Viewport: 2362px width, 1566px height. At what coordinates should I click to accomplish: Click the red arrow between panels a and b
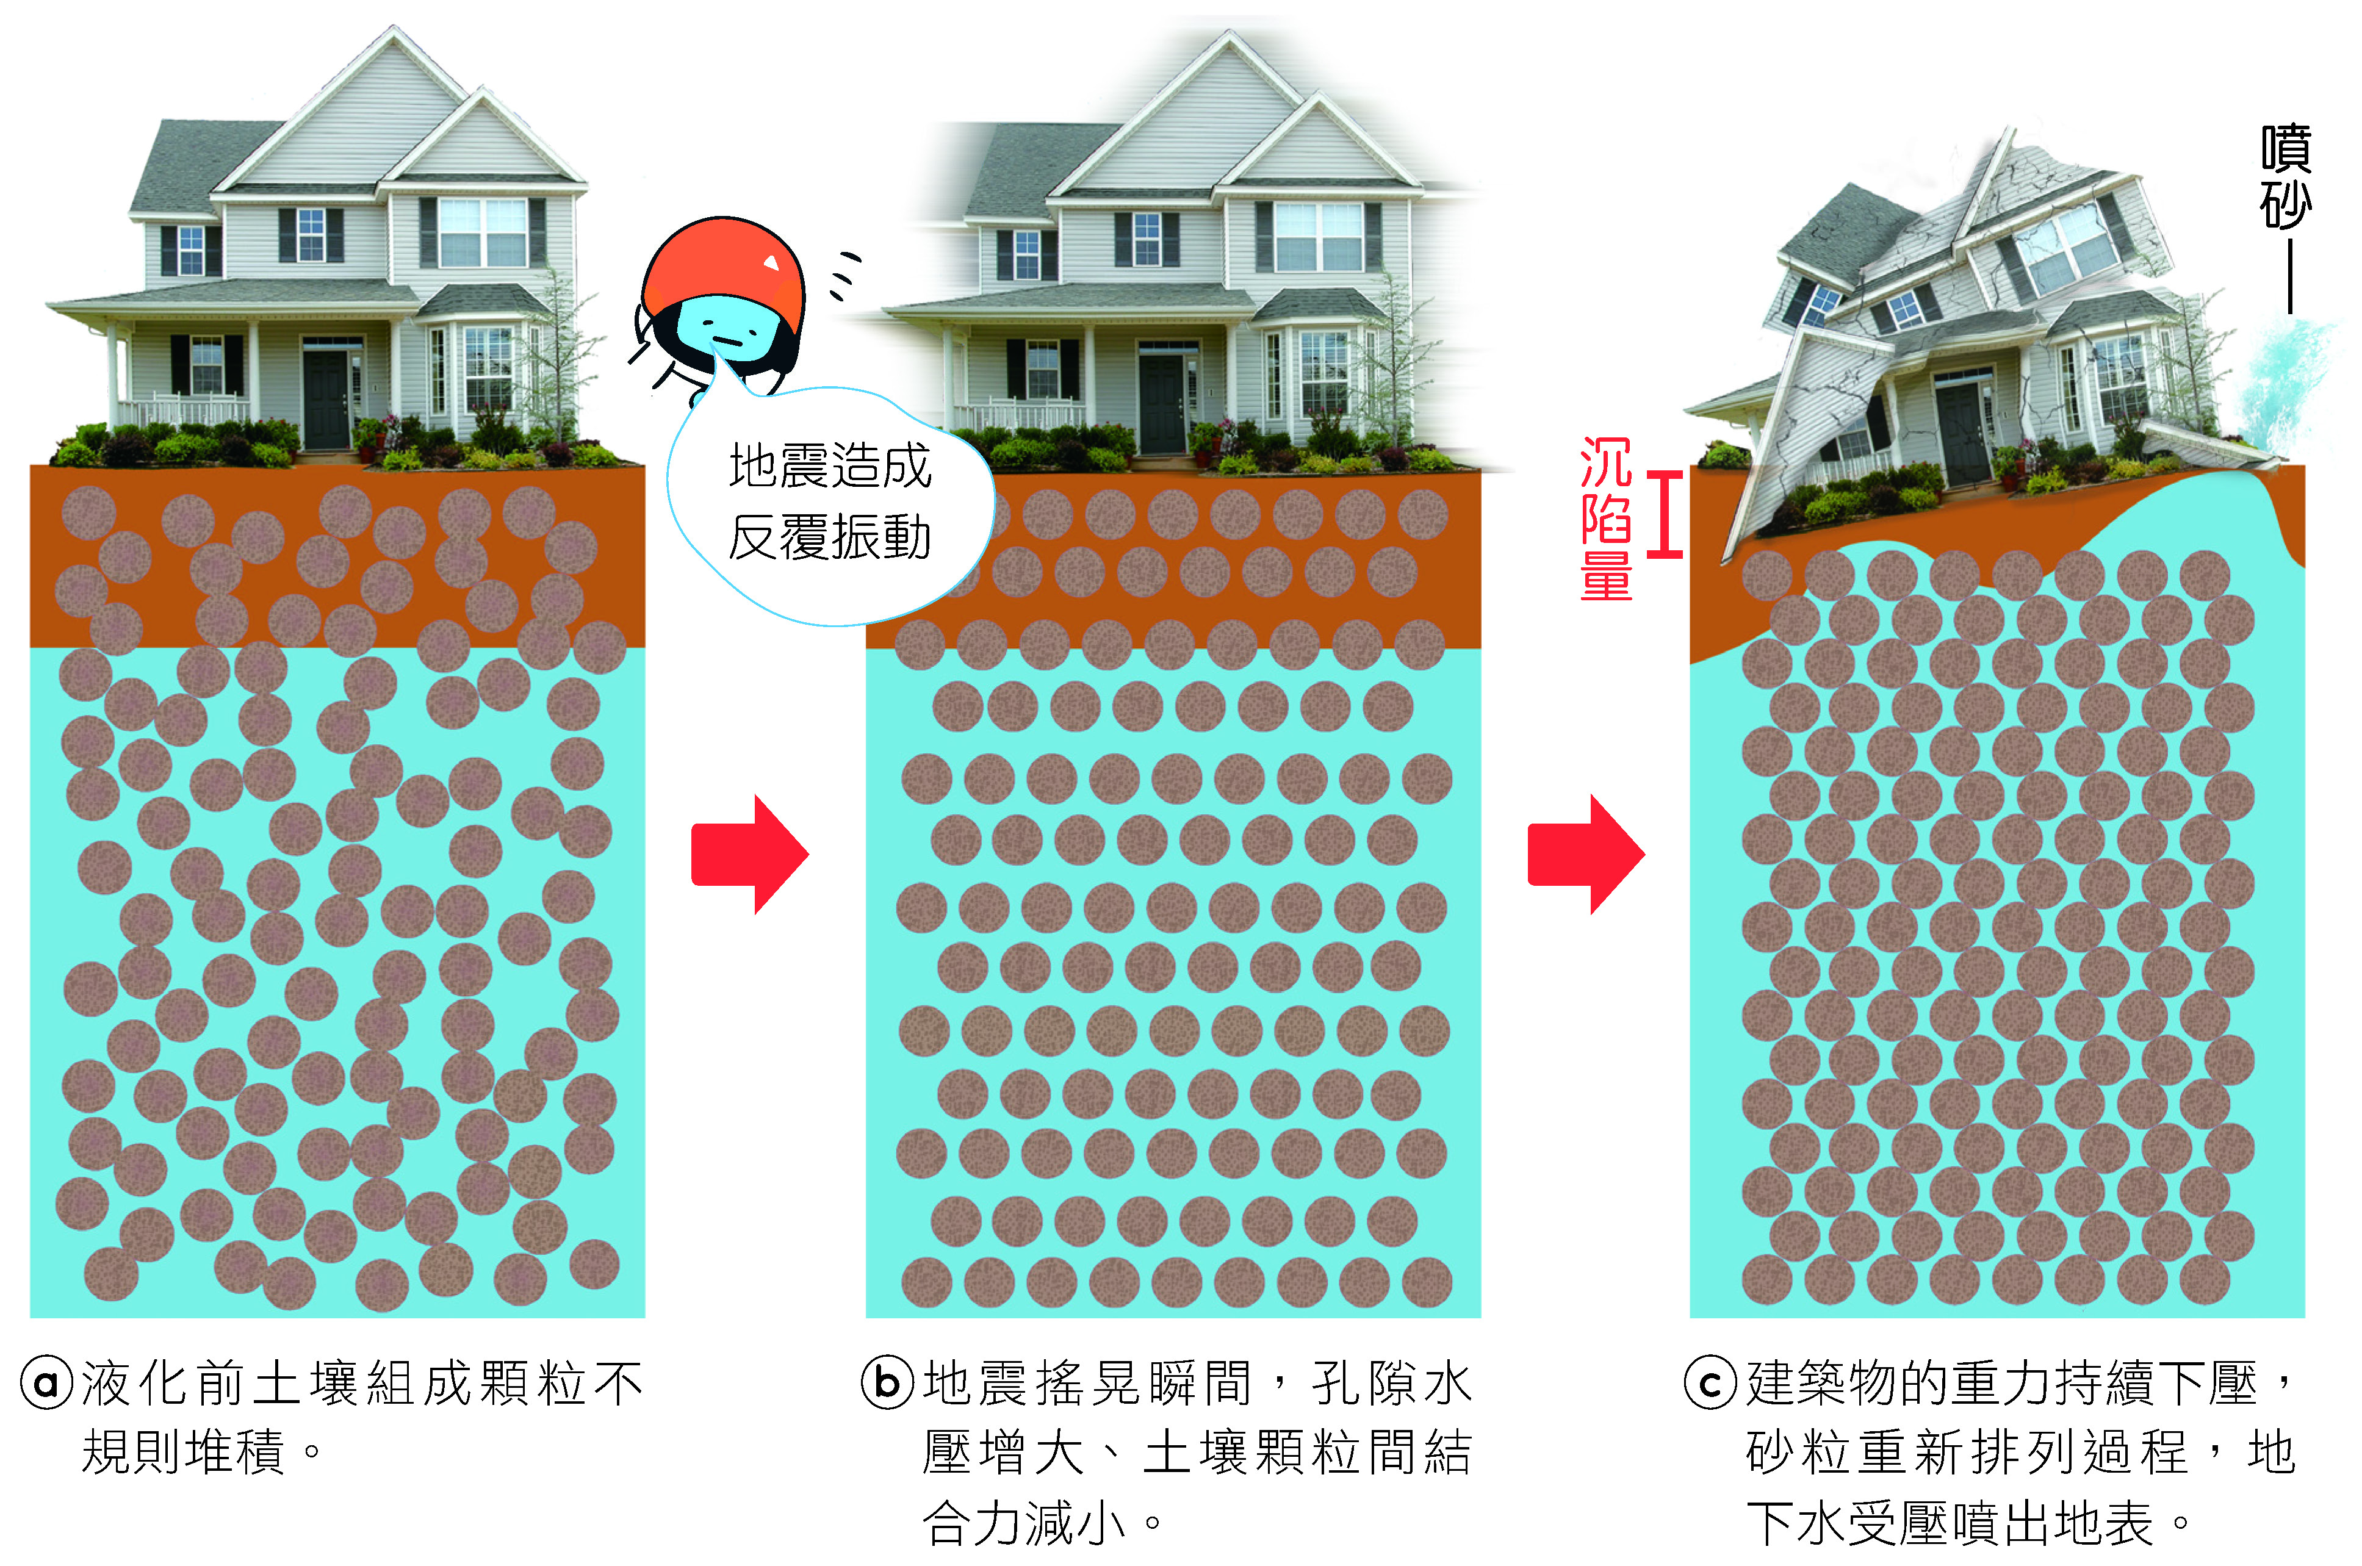(x=749, y=855)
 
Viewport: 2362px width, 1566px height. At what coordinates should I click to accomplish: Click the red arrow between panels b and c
(x=1586, y=855)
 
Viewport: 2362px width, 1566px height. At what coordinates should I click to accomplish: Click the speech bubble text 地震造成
(x=830, y=467)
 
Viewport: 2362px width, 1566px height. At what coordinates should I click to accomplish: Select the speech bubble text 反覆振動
(x=830, y=537)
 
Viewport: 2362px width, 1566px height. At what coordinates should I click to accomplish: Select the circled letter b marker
(x=888, y=1383)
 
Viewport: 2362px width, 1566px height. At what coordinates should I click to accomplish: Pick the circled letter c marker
(x=1711, y=1383)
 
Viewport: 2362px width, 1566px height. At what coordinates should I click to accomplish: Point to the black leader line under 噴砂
(x=2289, y=275)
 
